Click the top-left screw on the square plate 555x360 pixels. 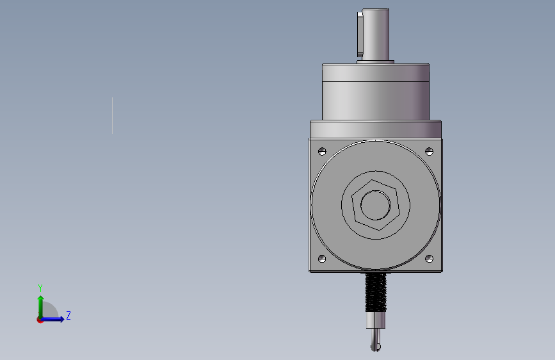coord(322,152)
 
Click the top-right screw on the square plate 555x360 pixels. coord(429,152)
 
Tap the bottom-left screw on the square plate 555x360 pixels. coord(322,259)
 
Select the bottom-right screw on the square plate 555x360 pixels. coord(429,259)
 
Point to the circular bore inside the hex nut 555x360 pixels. coord(376,205)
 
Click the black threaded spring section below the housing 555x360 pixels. coord(376,292)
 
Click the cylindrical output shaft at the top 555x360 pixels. coord(376,35)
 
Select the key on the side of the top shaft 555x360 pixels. coord(360,35)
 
